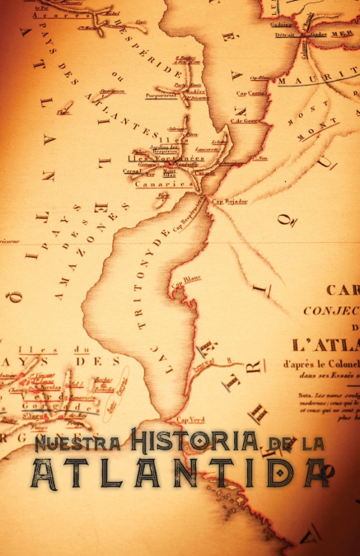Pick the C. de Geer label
point(245,121)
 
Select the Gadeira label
point(281,24)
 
